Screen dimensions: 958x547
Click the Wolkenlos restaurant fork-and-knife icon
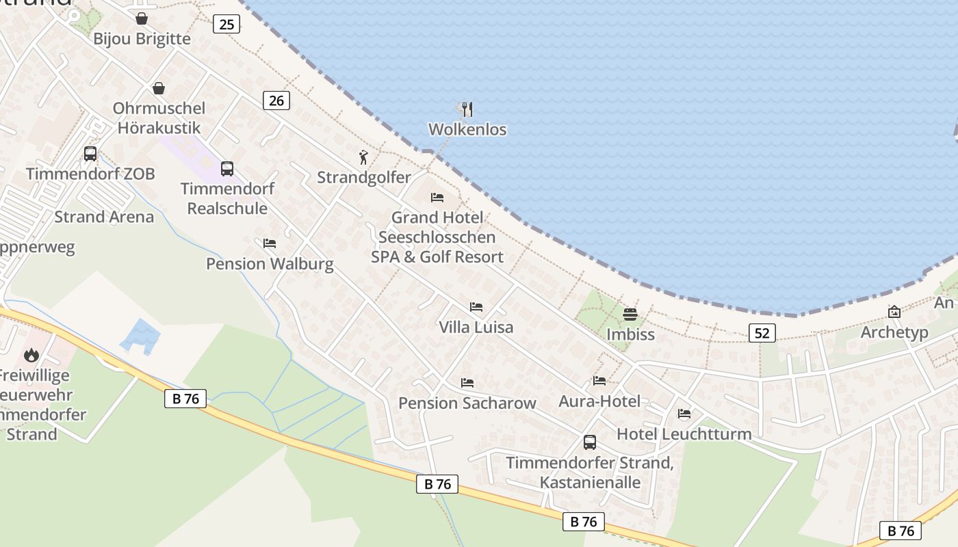(x=467, y=109)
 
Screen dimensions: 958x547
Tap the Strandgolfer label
(x=364, y=178)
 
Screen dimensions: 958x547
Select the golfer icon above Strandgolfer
(x=363, y=158)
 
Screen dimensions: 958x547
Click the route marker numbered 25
(x=226, y=25)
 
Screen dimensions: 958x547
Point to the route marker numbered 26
(x=276, y=101)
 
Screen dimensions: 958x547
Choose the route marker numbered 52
(x=762, y=333)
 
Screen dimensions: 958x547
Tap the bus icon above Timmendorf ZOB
(x=90, y=154)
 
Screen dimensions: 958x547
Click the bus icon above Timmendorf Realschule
(x=227, y=168)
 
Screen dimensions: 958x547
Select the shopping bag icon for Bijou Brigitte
(x=142, y=18)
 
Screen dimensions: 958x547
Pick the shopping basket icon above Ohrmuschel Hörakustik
(x=159, y=88)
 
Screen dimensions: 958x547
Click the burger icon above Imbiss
(x=630, y=315)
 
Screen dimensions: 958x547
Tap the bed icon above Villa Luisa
(x=476, y=307)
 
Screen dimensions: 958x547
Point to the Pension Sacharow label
(x=467, y=403)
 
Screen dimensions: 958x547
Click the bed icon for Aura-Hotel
(x=599, y=381)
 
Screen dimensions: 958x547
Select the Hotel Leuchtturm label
(x=684, y=434)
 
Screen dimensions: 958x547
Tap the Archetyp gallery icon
(x=894, y=312)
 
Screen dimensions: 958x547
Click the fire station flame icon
(x=31, y=355)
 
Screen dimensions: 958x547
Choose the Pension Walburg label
(x=270, y=264)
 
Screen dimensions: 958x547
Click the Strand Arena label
(x=104, y=217)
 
